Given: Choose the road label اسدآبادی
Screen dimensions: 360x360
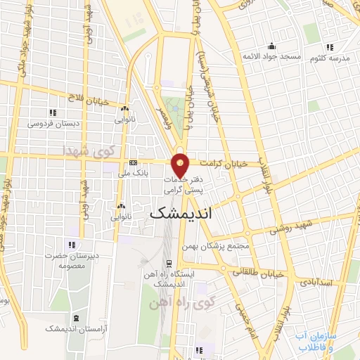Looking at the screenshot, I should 314,282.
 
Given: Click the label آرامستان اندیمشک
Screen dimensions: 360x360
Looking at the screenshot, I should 73,328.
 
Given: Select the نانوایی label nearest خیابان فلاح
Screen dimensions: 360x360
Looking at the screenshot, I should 125,120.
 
